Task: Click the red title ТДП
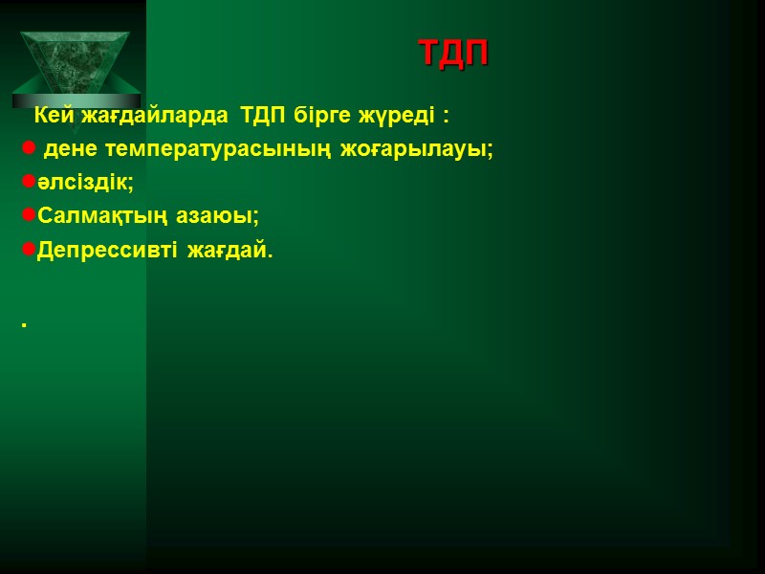pos(453,54)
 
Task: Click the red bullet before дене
pos(29,149)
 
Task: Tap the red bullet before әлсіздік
pos(29,182)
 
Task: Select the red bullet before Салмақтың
pos(29,216)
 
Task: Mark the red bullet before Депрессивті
pos(29,251)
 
